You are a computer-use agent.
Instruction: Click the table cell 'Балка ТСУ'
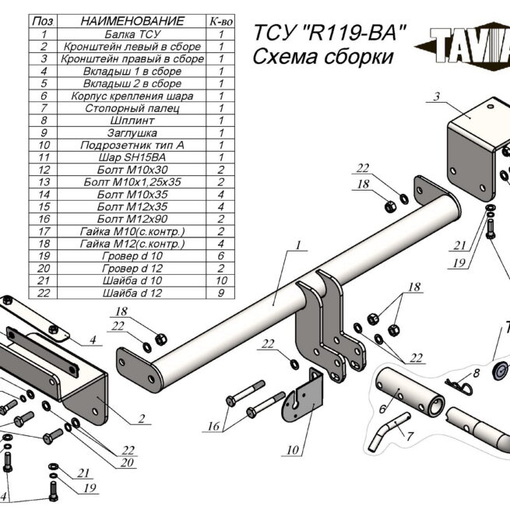point(132,34)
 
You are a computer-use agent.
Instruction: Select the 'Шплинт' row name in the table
point(132,120)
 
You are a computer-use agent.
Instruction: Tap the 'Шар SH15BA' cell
point(132,157)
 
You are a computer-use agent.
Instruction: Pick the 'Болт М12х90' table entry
point(132,219)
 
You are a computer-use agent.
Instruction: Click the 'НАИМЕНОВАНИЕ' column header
point(132,21)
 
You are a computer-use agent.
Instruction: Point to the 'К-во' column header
point(221,21)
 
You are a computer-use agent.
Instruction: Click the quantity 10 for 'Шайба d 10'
point(221,280)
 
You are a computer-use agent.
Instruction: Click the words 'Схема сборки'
point(323,57)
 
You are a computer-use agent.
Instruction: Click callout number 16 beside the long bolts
point(212,426)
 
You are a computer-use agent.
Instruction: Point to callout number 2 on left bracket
point(142,419)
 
